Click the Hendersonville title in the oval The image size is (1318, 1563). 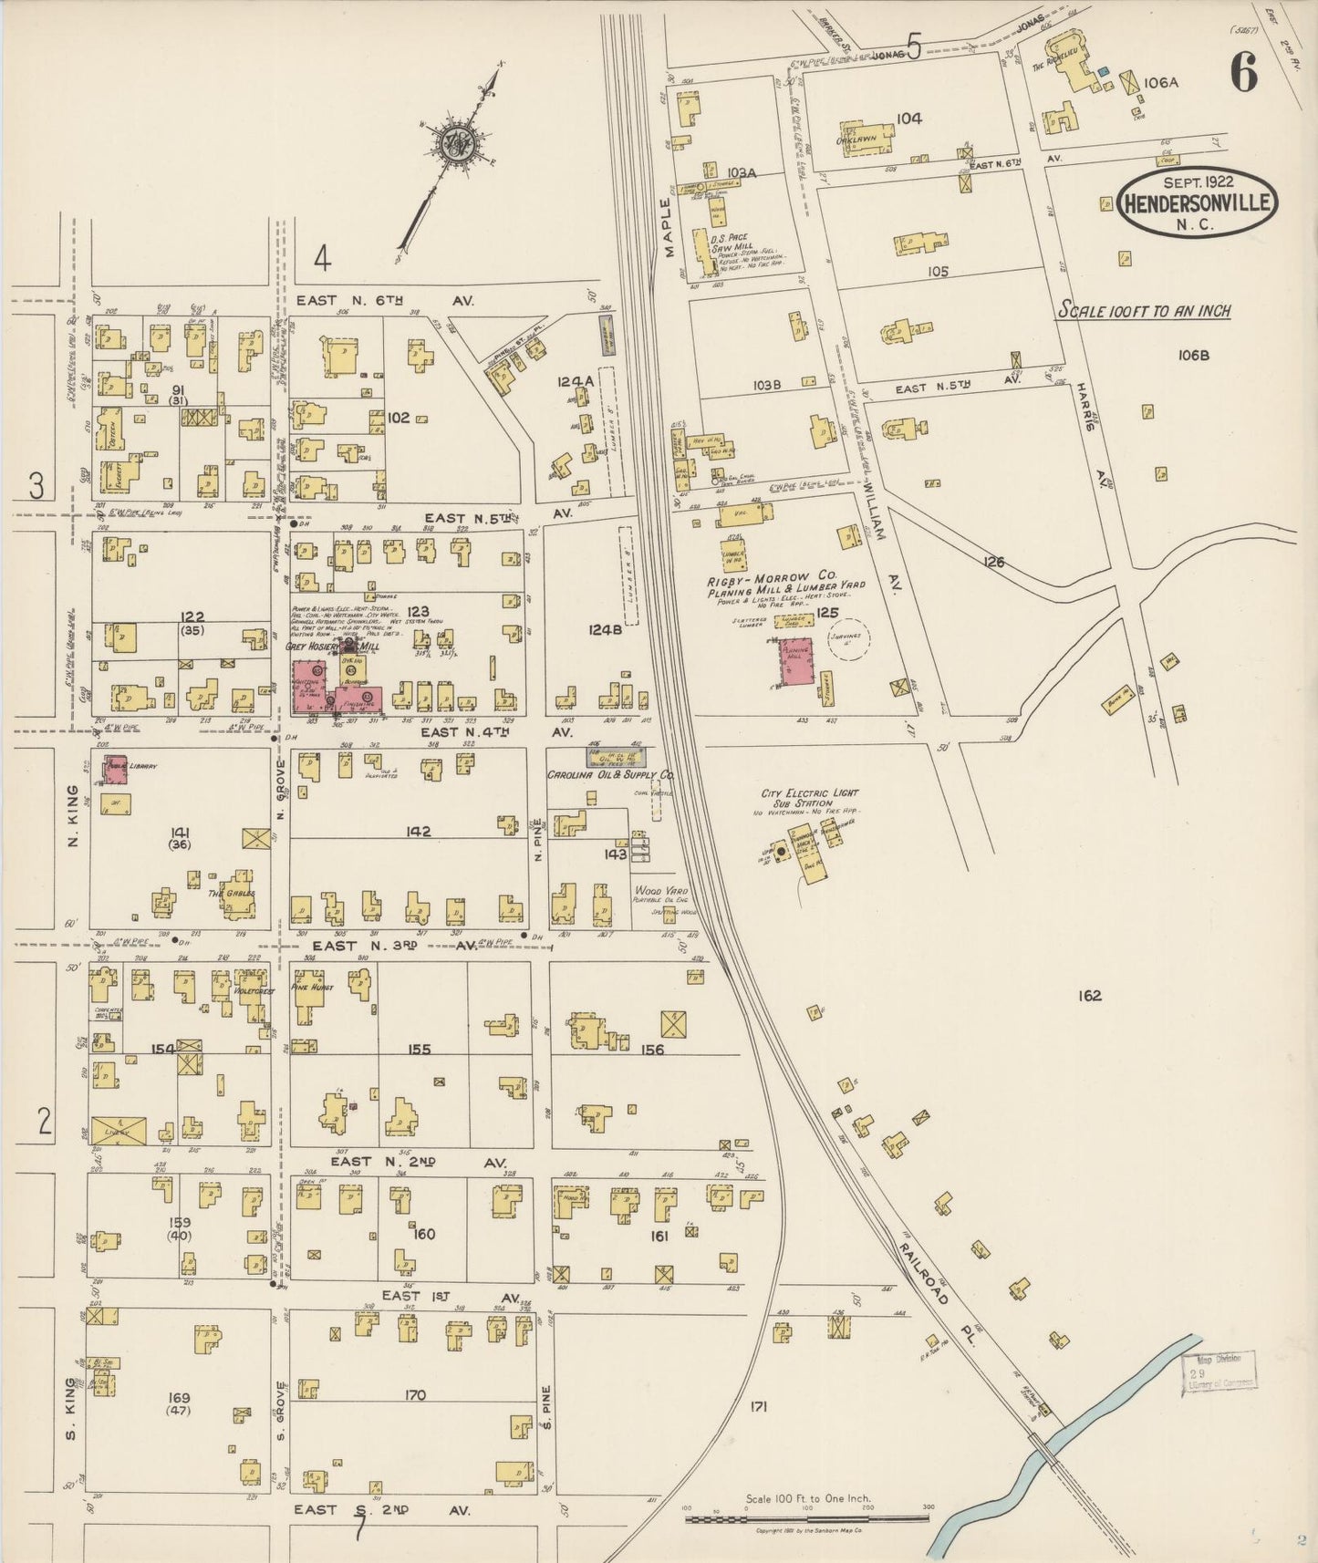coord(1198,202)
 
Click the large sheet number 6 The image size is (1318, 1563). coord(1243,72)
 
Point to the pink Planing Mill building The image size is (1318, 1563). coord(796,661)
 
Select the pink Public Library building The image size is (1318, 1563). coord(115,768)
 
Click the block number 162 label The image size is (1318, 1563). coord(1089,995)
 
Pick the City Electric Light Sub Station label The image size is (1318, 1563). coord(810,798)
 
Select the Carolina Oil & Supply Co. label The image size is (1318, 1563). coord(610,774)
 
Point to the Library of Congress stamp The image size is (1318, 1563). coord(1219,1370)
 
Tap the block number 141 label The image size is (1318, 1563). coord(180,832)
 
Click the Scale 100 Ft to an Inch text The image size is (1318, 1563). coord(1144,311)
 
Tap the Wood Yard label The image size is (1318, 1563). coord(659,890)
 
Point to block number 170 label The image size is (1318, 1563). coord(415,1394)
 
